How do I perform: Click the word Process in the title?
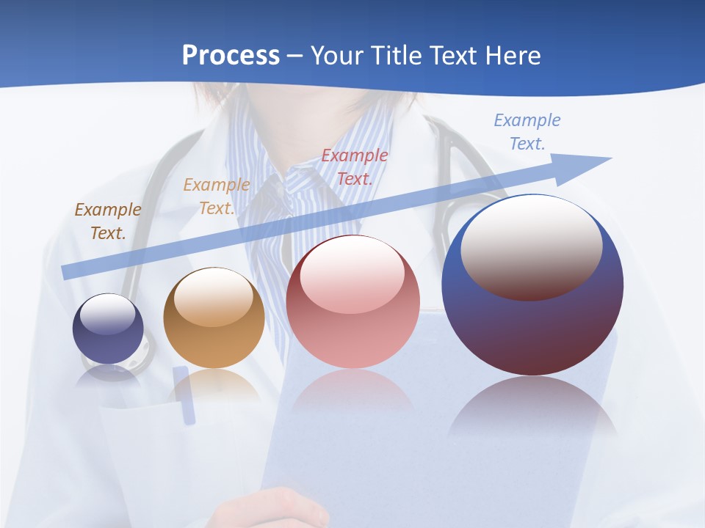[231, 56]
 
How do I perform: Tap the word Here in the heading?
[512, 56]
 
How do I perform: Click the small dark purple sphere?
[108, 329]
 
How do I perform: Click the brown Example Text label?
[108, 221]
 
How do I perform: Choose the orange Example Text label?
[216, 196]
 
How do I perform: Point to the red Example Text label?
[355, 166]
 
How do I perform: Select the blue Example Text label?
[527, 131]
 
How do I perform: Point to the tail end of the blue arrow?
[68, 271]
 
